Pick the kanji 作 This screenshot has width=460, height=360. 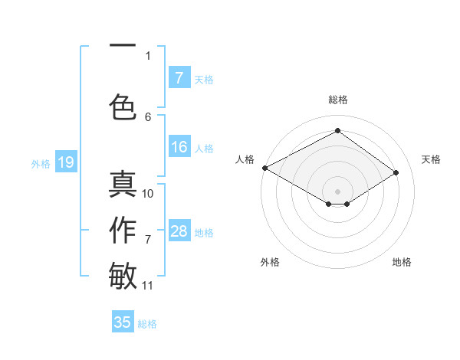123,231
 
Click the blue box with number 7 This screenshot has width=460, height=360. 179,78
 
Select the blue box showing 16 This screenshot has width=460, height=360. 179,148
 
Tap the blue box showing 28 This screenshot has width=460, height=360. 179,231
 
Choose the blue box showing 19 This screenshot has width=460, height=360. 65,162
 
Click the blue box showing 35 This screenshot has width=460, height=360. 123,322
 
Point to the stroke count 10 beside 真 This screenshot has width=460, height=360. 148,193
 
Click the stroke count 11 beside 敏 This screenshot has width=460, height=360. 148,286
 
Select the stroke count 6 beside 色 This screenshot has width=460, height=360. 148,116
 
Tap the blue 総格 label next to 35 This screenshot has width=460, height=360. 147,324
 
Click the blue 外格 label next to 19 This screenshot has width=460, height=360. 41,163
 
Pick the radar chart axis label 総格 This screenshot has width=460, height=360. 337,100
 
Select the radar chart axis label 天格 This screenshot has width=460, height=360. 431,159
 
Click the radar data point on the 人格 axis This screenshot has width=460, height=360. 264,167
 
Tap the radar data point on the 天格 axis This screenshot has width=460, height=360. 396,172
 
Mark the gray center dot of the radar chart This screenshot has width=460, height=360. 337,191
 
